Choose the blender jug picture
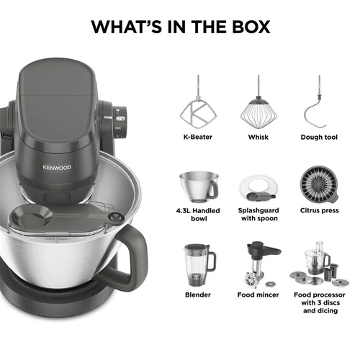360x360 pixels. (199, 265)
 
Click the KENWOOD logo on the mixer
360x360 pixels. (57, 167)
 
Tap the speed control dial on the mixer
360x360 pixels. (120, 122)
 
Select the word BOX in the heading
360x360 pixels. (251, 27)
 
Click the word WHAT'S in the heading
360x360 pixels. (127, 27)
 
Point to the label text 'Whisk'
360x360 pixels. (258, 137)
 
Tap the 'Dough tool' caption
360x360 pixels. (319, 137)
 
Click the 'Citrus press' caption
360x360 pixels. (319, 210)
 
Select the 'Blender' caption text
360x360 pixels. (198, 294)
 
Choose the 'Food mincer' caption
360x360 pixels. (258, 294)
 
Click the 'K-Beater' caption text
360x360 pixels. (198, 137)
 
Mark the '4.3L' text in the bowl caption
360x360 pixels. (184, 210)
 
